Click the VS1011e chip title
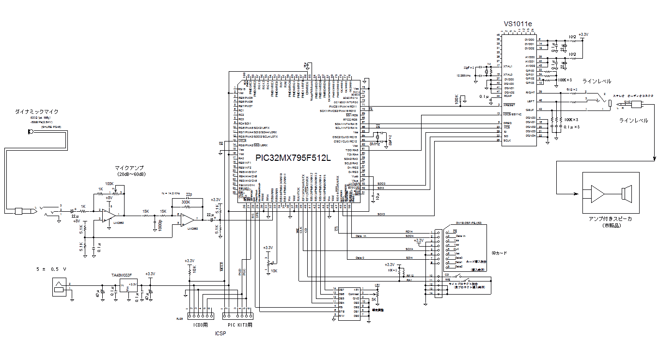518,24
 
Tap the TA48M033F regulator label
122,275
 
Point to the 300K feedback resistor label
186,202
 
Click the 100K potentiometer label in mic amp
109,184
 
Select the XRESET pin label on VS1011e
509,105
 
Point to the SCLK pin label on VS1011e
507,141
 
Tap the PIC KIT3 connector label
240,325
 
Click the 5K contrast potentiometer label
374,300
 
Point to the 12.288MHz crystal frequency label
464,76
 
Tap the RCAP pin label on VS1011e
508,96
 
